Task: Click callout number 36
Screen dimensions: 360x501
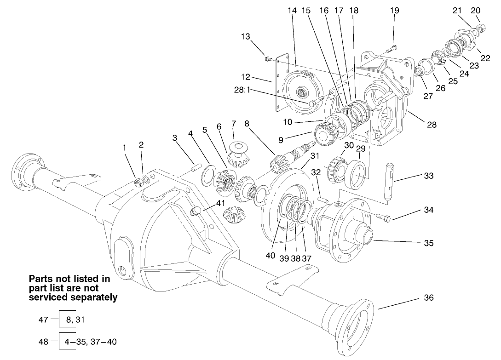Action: [428, 298]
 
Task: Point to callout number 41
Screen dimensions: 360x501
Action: [222, 202]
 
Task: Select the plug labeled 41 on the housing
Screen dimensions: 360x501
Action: [196, 211]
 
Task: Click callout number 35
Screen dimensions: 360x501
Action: [428, 243]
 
